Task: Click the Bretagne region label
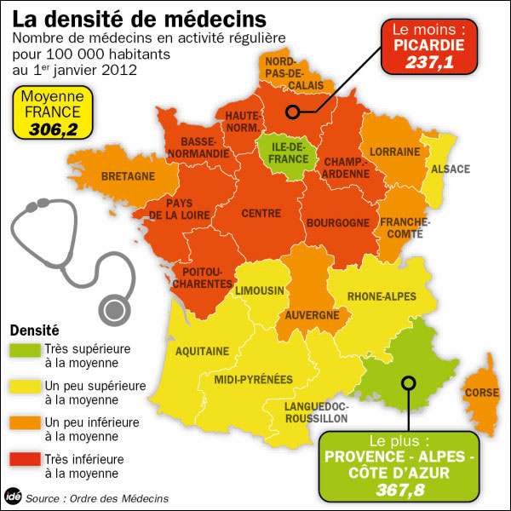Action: pos(128,176)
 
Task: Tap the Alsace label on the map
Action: pos(451,169)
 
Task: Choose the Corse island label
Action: pos(481,393)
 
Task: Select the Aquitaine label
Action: pos(202,350)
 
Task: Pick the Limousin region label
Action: pos(260,290)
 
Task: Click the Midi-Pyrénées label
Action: pos(253,379)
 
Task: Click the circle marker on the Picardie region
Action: pos(292,112)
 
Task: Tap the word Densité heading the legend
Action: pos(35,330)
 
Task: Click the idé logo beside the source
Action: pos(13,497)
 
